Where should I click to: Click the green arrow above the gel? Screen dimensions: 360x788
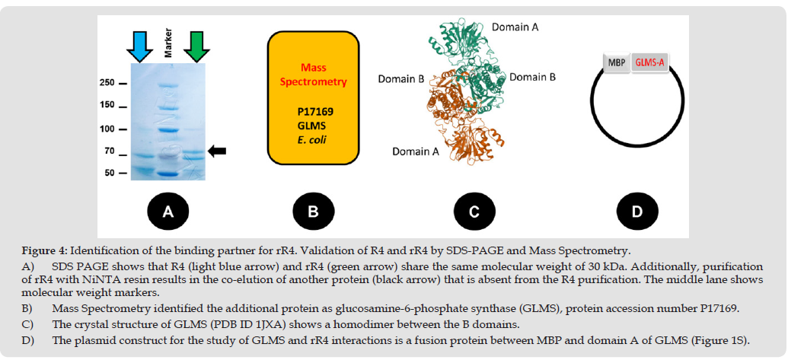click(196, 46)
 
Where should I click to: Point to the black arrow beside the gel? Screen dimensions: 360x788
click(217, 152)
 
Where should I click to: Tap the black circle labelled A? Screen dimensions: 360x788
click(169, 212)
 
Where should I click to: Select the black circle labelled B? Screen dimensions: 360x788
click(312, 212)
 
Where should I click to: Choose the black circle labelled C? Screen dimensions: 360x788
click(474, 212)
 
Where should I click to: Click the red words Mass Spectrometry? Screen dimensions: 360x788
click(313, 75)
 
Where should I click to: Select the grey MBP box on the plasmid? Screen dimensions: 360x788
click(616, 64)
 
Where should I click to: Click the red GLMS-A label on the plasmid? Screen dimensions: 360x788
click(649, 64)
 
